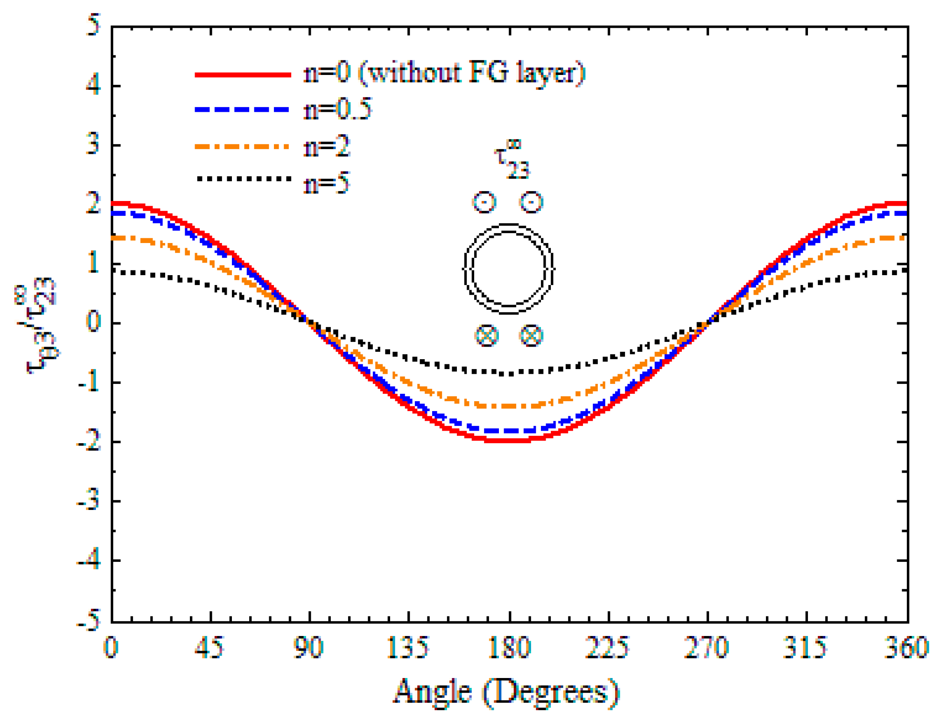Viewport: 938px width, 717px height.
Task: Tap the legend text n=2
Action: pyautogui.click(x=326, y=146)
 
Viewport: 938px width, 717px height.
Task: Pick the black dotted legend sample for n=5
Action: pyautogui.click(x=244, y=178)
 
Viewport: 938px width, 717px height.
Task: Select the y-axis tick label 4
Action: pyautogui.click(x=93, y=85)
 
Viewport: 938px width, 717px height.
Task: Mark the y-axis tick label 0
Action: pyautogui.click(x=93, y=321)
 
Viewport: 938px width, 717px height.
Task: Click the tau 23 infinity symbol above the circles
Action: pyautogui.click(x=512, y=159)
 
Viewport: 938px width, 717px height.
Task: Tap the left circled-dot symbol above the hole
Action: pyautogui.click(x=484, y=202)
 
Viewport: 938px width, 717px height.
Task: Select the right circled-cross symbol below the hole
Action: pyautogui.click(x=531, y=335)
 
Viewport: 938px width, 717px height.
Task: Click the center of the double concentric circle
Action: pyautogui.click(x=508, y=269)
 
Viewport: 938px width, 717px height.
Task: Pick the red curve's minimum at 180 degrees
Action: pyautogui.click(x=509, y=441)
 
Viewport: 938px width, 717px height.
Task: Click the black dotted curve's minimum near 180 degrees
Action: pyautogui.click(x=511, y=373)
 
